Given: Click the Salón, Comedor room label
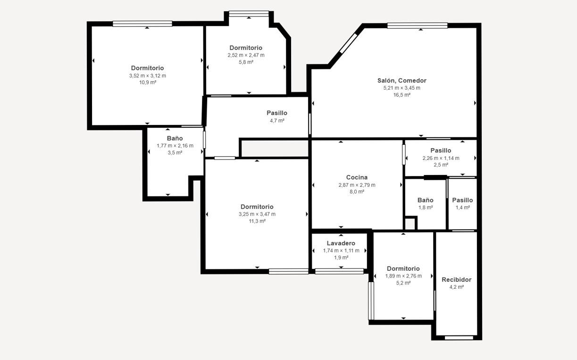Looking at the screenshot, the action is click(x=402, y=80).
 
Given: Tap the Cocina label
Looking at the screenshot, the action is click(x=357, y=177).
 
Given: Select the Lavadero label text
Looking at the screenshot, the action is click(x=341, y=243).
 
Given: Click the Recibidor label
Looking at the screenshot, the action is click(x=456, y=280).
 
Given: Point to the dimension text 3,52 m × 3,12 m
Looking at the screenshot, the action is click(x=148, y=76).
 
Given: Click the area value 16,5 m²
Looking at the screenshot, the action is click(x=402, y=95).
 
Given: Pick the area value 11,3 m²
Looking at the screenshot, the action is click(x=257, y=221).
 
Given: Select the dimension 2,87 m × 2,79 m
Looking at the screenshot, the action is click(x=357, y=185).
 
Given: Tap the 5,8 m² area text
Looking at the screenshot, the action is click(x=246, y=62).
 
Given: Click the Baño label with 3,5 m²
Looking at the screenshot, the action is click(x=175, y=138).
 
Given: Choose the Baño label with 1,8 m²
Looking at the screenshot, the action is click(x=425, y=200).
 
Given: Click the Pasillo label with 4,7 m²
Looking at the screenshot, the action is click(x=277, y=113).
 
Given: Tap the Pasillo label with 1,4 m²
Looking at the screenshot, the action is click(x=462, y=200).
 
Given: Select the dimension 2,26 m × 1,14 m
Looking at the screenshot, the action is click(x=441, y=158).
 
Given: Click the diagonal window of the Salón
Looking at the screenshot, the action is click(x=349, y=43).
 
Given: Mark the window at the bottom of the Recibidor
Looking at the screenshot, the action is click(x=459, y=337).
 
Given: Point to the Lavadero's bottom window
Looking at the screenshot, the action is click(x=339, y=271).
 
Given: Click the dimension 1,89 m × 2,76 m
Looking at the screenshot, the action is click(x=403, y=276).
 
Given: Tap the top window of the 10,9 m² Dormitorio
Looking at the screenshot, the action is click(x=142, y=24).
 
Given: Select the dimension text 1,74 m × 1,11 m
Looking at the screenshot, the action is click(x=341, y=251).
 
